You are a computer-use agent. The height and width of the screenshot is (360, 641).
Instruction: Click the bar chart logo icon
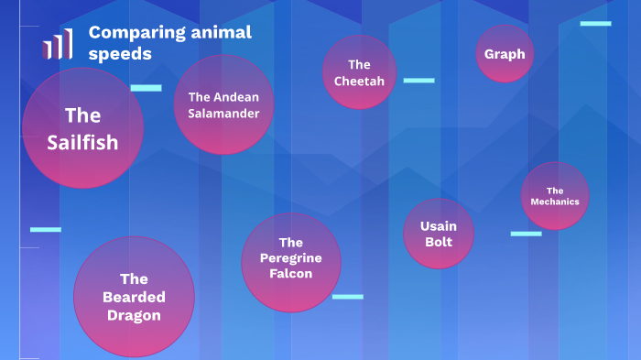pos(57,44)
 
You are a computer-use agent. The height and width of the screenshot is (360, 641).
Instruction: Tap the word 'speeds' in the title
pos(120,54)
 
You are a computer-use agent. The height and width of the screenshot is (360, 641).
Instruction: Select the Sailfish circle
pos(82,127)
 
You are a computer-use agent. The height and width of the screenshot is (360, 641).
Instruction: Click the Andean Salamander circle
pos(223,104)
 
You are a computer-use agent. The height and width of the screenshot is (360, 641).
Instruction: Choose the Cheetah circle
pos(359,72)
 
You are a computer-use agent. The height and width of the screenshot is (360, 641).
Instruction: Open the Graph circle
pos(505,54)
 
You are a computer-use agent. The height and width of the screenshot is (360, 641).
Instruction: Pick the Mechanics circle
pos(555,196)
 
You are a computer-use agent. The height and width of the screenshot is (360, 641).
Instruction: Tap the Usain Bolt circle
pos(439,234)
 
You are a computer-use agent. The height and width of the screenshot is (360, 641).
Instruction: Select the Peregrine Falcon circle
pos(290,261)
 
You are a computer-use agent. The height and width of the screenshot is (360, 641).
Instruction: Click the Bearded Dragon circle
pos(134,297)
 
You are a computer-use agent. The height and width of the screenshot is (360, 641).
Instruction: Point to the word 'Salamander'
pos(223,114)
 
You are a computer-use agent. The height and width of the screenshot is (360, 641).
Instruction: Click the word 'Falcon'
pos(291,274)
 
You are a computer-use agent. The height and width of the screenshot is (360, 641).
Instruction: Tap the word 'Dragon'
pos(134,315)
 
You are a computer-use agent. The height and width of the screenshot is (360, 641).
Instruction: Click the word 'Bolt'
pos(439,242)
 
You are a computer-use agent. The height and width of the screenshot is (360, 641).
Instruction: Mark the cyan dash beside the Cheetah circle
pos(418,81)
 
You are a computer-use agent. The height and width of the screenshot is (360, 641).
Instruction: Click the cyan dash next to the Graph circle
pos(595,23)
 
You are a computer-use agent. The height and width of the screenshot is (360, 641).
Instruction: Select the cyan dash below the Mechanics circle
pos(526,234)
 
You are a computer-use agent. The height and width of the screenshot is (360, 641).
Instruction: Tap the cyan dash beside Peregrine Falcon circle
pos(347,297)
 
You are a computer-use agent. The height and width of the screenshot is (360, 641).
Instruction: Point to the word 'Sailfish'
pos(82,142)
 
